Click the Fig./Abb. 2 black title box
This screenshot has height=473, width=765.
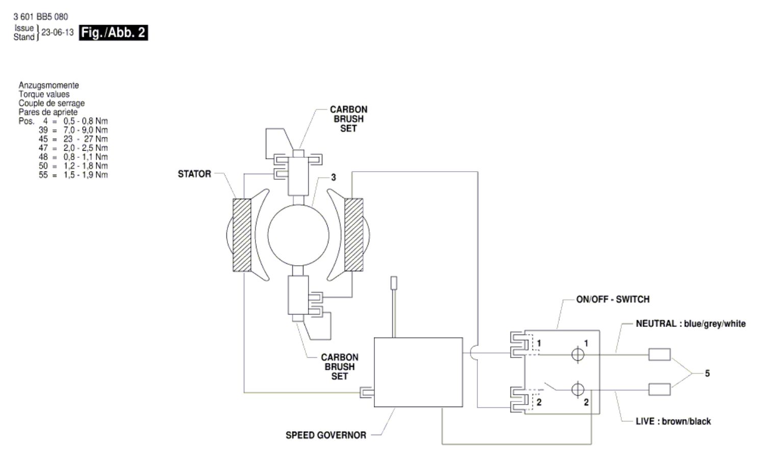pos(113,33)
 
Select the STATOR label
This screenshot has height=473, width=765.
pos(194,174)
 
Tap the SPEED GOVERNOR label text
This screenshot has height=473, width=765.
pos(326,435)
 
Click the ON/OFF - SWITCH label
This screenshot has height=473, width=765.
pos(613,299)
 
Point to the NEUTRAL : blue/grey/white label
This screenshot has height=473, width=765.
pos(691,323)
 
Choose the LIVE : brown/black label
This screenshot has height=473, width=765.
pos(673,421)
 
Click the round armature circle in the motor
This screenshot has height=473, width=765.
pos(298,235)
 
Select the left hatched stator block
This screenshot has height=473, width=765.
pos(242,235)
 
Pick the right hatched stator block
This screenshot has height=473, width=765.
pos(354,234)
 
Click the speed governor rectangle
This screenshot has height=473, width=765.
pos(418,372)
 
